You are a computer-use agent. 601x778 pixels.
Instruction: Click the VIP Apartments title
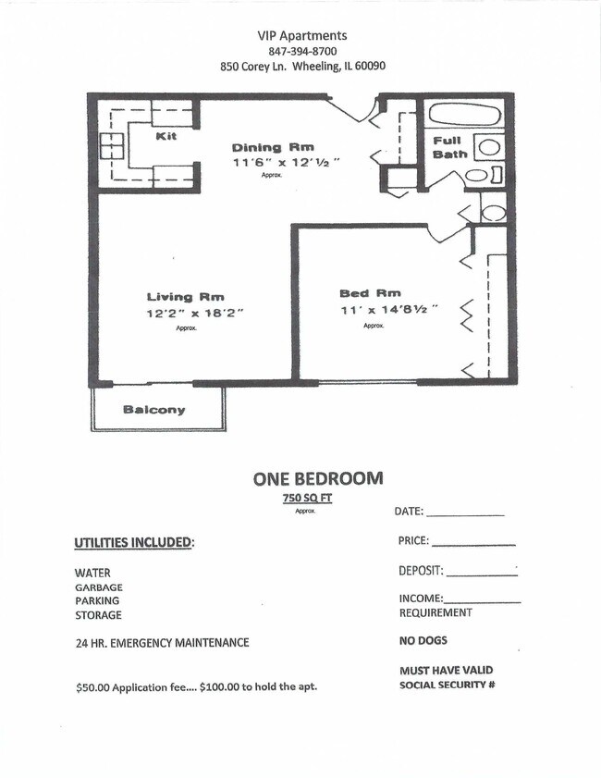pyautogui.click(x=302, y=35)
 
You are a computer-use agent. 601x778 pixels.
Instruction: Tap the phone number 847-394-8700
pyautogui.click(x=302, y=51)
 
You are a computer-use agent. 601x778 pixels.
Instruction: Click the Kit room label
pyautogui.click(x=166, y=137)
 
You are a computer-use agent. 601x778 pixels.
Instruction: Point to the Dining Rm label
pyautogui.click(x=273, y=147)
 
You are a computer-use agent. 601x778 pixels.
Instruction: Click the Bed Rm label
pyautogui.click(x=370, y=294)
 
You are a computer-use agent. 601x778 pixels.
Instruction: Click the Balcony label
pyautogui.click(x=154, y=410)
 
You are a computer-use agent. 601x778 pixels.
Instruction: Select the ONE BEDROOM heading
pyautogui.click(x=318, y=478)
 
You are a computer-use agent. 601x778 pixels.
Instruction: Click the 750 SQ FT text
pyautogui.click(x=308, y=499)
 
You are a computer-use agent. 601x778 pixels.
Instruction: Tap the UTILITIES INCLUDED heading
pyautogui.click(x=134, y=541)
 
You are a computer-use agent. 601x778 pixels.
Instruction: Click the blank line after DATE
pyautogui.click(x=465, y=512)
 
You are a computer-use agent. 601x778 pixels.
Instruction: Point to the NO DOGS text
pyautogui.click(x=423, y=640)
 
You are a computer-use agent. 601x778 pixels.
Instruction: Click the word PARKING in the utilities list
pyautogui.click(x=97, y=601)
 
